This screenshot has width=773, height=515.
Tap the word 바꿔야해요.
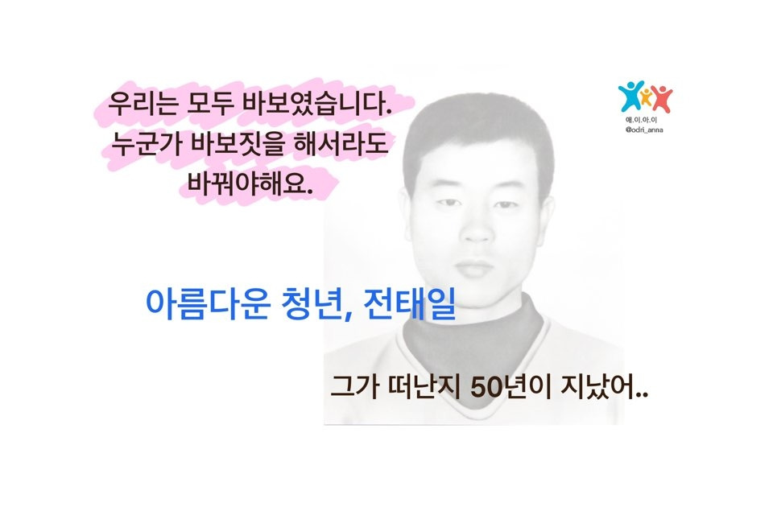[x=248, y=184]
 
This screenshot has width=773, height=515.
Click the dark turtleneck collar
[x=475, y=330]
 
